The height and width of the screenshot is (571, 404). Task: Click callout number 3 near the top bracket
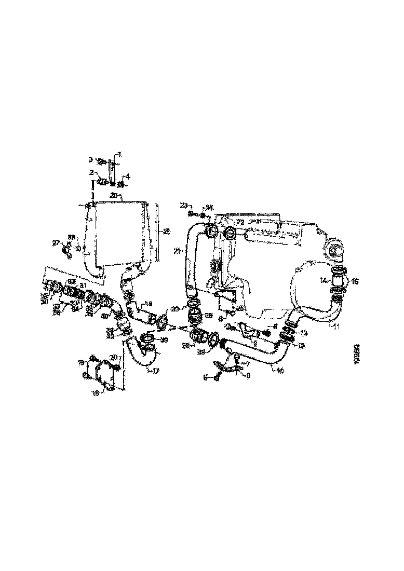click(90, 159)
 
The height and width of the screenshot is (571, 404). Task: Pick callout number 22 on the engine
click(240, 222)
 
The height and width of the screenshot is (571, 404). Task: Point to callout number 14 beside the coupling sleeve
click(323, 281)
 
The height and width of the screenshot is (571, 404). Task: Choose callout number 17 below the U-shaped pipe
click(155, 371)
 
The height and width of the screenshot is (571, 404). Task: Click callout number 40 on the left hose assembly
click(104, 316)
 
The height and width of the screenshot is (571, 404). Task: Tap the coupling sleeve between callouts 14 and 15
click(340, 282)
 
